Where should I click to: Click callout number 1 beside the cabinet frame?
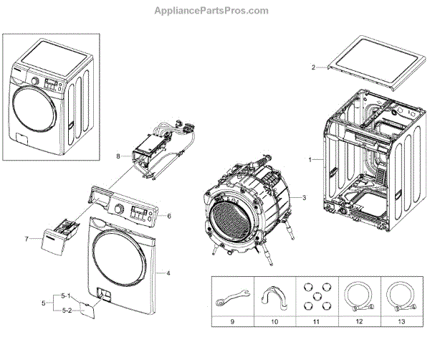[310, 159]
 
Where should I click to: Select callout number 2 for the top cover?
[313, 67]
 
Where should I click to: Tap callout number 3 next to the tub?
[304, 197]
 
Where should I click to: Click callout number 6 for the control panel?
[170, 215]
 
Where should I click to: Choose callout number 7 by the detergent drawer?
[27, 238]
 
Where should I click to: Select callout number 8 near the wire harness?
[118, 155]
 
